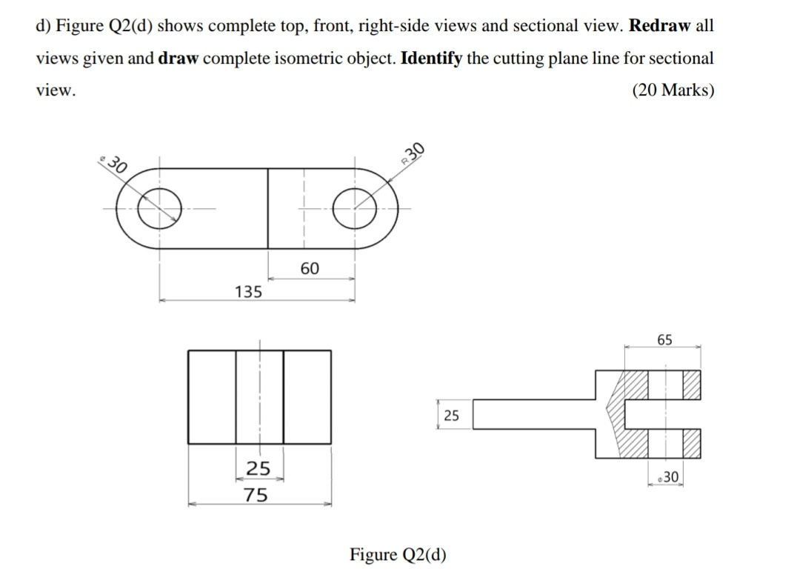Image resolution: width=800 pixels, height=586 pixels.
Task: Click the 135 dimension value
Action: (x=248, y=292)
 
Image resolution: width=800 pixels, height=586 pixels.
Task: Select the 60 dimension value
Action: (x=310, y=268)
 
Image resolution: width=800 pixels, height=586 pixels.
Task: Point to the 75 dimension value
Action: (x=257, y=495)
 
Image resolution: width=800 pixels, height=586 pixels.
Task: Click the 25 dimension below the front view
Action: (x=258, y=468)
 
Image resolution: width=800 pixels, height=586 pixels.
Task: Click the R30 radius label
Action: (x=413, y=152)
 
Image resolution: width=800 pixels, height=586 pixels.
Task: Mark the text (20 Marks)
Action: (x=673, y=90)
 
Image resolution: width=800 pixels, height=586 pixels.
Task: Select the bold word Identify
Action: (x=431, y=58)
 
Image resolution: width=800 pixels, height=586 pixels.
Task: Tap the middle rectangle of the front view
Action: (x=259, y=397)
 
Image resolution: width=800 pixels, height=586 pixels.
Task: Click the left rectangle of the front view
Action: (x=212, y=397)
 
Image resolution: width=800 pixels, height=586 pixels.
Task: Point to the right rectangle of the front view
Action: (x=307, y=397)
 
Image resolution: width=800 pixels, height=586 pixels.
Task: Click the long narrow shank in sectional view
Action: (x=533, y=415)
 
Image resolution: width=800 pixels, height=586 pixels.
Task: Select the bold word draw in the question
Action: (x=178, y=58)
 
